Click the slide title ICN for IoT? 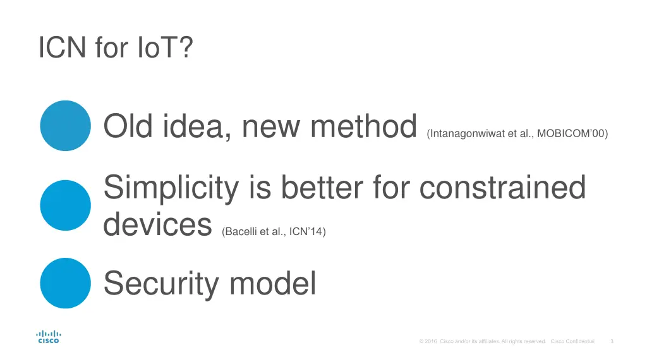point(115,48)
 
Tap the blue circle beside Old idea point(65,126)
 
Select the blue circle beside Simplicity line point(65,205)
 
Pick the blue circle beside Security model point(65,283)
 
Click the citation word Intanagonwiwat point(466,134)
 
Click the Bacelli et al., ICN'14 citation point(274,232)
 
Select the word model point(272,283)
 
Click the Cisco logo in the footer point(49,337)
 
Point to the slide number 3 point(612,342)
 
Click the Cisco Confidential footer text point(572,342)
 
